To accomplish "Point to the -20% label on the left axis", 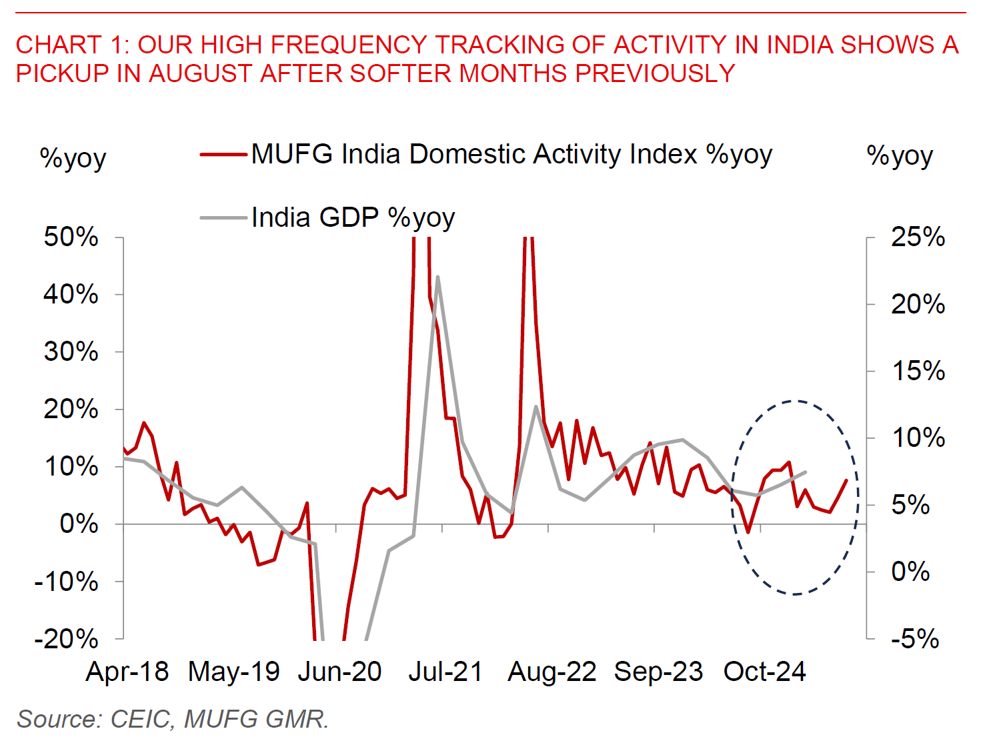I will click(67, 639).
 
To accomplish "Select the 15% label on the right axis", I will click(918, 371).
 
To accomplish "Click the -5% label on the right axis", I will click(915, 639).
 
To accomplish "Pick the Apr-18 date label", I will click(127, 672).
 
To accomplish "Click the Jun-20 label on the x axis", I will click(339, 672).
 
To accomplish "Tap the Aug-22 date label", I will click(552, 672).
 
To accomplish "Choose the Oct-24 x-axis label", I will click(765, 672).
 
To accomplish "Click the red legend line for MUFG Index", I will click(223, 155).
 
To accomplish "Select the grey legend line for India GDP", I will click(223, 217).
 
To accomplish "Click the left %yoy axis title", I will click(73, 159).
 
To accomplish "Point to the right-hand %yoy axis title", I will click(900, 156).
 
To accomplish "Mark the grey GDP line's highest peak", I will click(437, 276).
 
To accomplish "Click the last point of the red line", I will click(846, 480).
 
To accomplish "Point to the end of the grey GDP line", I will click(806, 472).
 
